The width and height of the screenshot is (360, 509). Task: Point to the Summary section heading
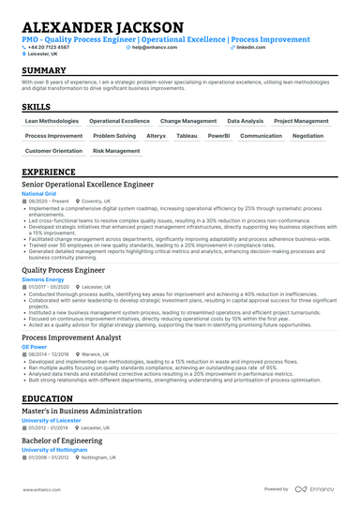tap(44, 71)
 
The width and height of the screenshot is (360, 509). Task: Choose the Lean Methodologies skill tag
tap(52, 121)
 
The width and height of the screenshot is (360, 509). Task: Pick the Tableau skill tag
tap(187, 136)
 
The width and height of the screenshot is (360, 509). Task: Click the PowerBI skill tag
tap(218, 136)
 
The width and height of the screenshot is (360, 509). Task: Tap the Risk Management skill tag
tap(117, 150)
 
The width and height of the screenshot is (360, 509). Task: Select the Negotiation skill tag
tap(307, 136)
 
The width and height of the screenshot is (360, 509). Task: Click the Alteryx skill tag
tap(156, 136)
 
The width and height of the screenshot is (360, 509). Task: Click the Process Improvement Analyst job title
tap(73, 337)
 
